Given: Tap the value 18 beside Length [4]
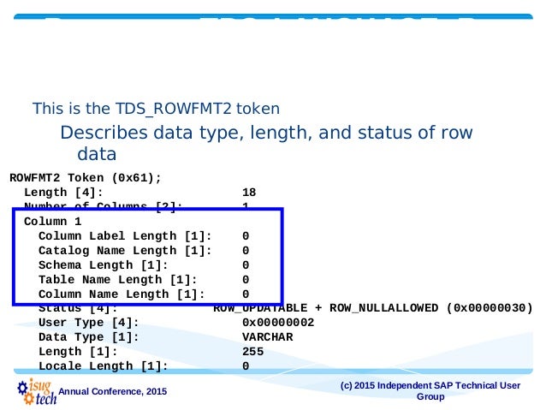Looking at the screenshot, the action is click(249, 193).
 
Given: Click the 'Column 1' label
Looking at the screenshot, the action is click(53, 221).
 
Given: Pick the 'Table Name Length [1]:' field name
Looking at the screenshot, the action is click(117, 279).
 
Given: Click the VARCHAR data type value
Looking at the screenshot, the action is click(267, 337).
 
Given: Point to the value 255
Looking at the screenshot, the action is click(252, 352).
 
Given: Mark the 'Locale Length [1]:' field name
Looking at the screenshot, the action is click(103, 366).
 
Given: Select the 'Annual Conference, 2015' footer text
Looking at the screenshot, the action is click(112, 392).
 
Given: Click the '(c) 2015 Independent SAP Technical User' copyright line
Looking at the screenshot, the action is click(430, 385).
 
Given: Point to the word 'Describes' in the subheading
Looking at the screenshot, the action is click(98, 134).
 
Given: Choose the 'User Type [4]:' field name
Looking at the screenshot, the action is click(88, 323).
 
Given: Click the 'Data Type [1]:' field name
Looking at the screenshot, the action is click(88, 337).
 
